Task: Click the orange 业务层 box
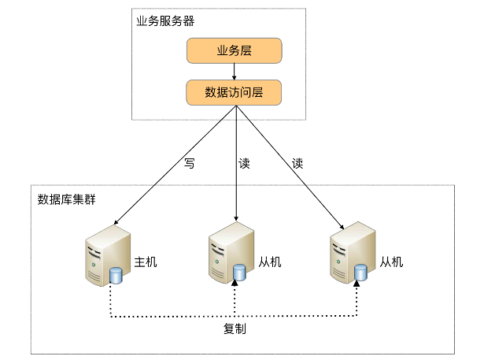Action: coord(234,52)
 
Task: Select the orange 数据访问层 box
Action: coord(234,92)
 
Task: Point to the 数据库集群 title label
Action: coord(67,199)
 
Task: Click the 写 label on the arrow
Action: coord(189,164)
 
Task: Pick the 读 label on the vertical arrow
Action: coord(244,164)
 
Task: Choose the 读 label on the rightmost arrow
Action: coord(297,164)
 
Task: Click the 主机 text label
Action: coord(146,262)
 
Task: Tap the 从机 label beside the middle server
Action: coord(269,262)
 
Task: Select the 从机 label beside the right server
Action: coord(391,262)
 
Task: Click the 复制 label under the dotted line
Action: coord(235,328)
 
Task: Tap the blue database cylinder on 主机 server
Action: coord(116,275)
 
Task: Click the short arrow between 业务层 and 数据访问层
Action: coord(234,72)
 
